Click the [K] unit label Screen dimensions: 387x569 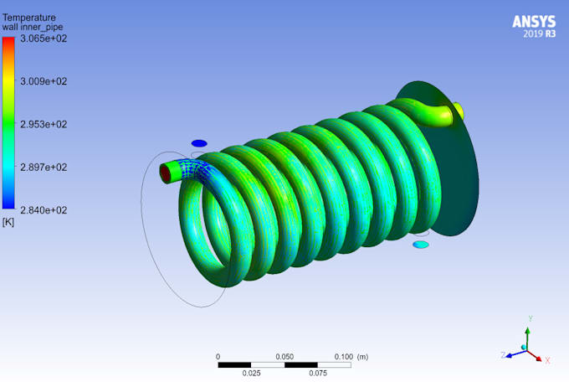(8, 222)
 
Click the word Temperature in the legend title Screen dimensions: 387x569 (29, 17)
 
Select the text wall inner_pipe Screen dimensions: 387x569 (32, 27)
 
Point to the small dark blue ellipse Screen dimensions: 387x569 (198, 143)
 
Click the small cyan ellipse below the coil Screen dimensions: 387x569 (421, 245)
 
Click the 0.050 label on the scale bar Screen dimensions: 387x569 (284, 356)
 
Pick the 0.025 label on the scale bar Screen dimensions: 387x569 (251, 374)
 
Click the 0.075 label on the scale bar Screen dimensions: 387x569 (318, 374)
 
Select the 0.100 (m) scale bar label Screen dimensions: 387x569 (351, 356)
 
